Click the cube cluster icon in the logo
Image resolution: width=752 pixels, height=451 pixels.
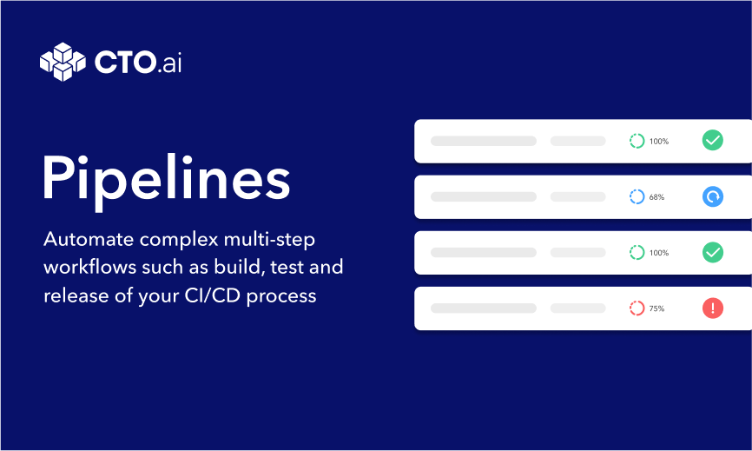point(63,62)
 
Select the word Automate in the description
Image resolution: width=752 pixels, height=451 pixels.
point(89,239)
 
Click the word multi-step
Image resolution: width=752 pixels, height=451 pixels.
point(269,240)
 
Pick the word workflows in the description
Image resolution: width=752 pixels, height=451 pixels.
point(90,268)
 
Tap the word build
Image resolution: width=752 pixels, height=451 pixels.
point(240,268)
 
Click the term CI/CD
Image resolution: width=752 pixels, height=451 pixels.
point(213,295)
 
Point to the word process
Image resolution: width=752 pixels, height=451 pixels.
point(281,296)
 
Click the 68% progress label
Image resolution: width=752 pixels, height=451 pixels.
point(656,197)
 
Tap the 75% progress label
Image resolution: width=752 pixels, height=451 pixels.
point(656,308)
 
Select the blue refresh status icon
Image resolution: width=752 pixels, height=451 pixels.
point(713,196)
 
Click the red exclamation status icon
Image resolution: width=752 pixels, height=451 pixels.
point(713,308)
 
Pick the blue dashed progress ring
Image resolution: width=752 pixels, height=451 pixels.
point(630,196)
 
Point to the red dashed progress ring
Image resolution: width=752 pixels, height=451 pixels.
point(630,308)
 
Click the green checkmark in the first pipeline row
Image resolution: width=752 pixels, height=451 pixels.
point(713,141)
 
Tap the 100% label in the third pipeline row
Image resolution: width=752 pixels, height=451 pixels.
point(659,253)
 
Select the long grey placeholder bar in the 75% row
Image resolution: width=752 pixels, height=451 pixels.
point(484,308)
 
